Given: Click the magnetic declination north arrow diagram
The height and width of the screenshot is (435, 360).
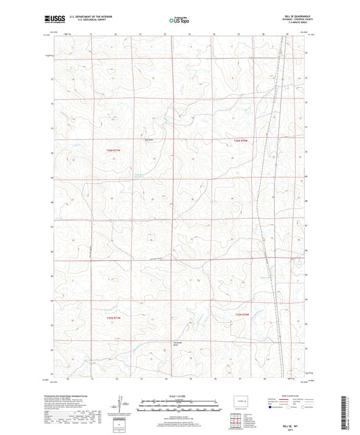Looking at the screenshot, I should [x=122, y=409].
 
